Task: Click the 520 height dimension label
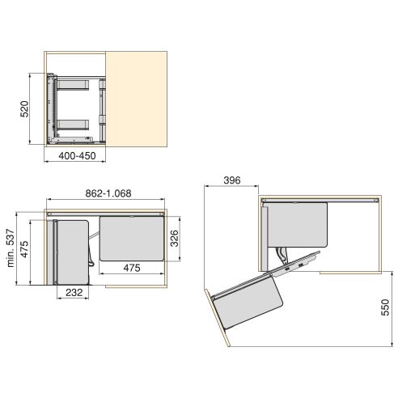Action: [x=25, y=108]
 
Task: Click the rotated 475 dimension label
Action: [x=25, y=249]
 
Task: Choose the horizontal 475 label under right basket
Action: [x=132, y=268]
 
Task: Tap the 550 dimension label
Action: [x=387, y=310]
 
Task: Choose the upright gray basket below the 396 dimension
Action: [x=297, y=224]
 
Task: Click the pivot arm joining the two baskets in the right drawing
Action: [x=287, y=258]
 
